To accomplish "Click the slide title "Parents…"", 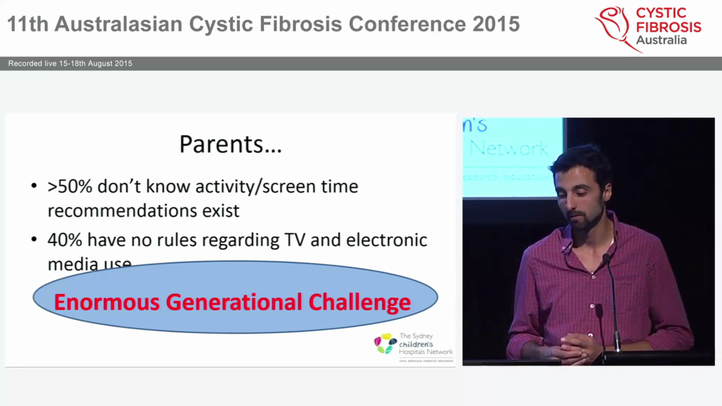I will [230, 144].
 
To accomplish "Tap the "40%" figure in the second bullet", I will [65, 240].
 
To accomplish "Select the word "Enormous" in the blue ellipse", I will [107, 302].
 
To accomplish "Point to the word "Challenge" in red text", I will [359, 302].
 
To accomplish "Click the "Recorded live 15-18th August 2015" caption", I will [70, 64].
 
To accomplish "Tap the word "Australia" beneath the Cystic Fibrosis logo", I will [661, 40].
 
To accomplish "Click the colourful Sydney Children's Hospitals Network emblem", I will [385, 343].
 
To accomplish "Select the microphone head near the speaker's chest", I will [606, 259].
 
